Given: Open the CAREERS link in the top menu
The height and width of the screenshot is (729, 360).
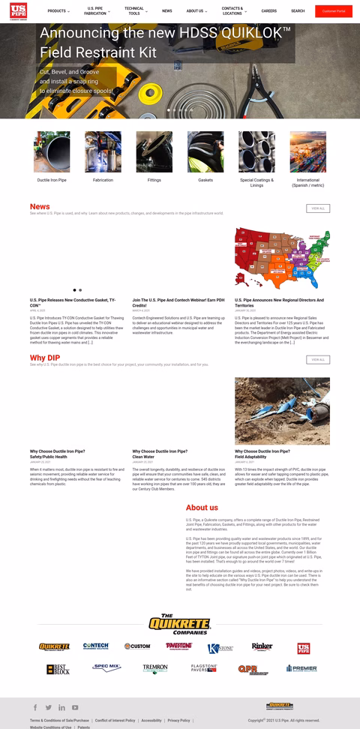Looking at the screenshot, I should (268, 11).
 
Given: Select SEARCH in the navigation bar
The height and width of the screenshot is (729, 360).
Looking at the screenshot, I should (298, 11).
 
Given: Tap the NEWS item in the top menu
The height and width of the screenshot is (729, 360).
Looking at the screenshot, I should (166, 11).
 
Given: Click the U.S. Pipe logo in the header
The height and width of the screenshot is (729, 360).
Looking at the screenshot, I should (19, 11).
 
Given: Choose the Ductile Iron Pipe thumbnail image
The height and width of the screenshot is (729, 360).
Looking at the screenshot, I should (52, 152).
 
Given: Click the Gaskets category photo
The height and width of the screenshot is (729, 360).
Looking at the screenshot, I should (205, 152).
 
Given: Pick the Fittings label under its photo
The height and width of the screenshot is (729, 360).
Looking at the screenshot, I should (154, 180).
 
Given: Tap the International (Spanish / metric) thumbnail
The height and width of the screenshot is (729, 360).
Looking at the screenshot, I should (307, 152).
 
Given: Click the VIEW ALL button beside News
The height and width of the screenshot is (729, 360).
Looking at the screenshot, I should (318, 208).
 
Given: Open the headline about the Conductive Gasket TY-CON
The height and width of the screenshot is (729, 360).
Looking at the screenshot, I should (73, 302).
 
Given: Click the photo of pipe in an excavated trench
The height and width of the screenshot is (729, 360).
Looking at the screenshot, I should (282, 411).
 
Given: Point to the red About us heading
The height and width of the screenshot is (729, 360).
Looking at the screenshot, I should (202, 508).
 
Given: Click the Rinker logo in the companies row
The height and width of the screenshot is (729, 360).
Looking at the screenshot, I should (262, 646).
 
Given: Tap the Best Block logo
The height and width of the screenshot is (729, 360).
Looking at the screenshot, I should (57, 668).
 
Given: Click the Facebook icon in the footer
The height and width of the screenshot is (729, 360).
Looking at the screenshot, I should (35, 707).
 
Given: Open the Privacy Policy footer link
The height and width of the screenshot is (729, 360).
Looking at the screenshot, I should (178, 720).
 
